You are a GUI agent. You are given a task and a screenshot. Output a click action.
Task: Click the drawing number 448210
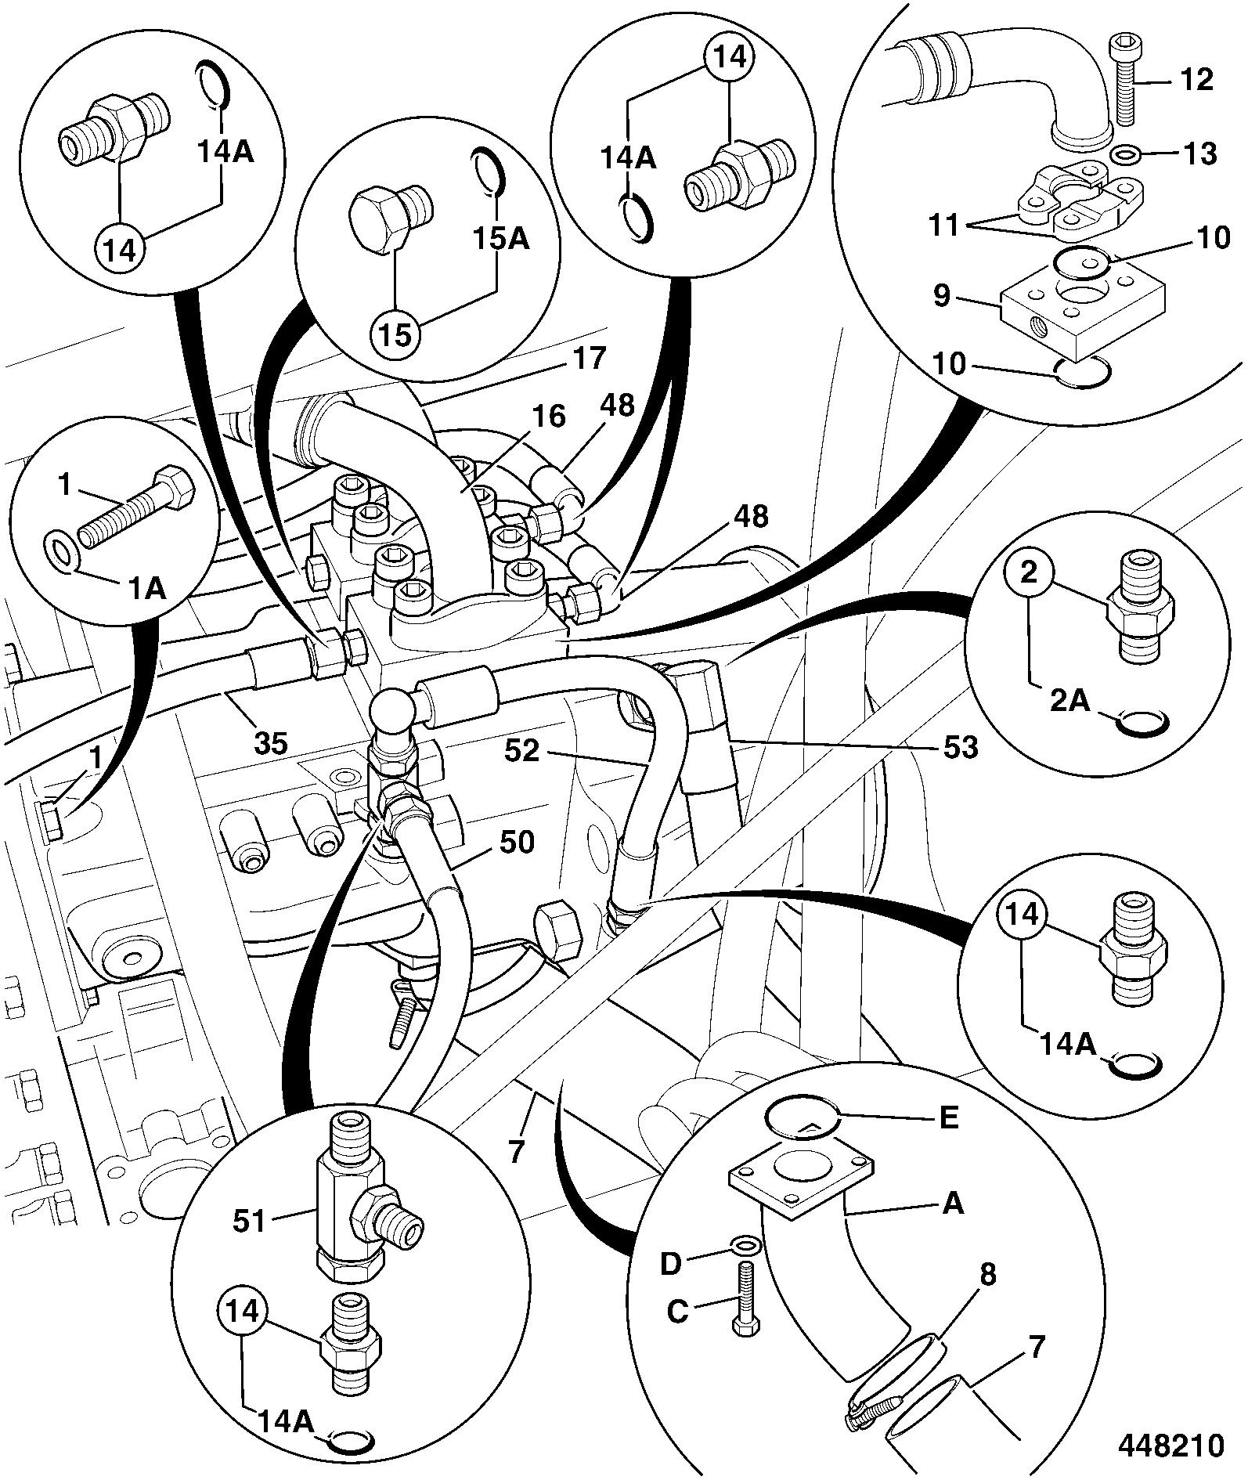click(1170, 1446)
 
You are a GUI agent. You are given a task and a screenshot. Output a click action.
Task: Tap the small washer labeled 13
click(1126, 153)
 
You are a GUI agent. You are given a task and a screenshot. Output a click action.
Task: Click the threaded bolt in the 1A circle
click(138, 514)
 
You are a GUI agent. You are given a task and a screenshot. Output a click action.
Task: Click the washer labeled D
click(742, 1245)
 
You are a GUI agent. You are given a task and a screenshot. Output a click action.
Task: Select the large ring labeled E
click(803, 1116)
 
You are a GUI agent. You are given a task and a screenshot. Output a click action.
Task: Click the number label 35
click(271, 742)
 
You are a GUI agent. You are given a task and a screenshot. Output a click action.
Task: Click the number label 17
click(589, 358)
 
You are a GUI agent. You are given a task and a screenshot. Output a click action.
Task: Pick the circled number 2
click(1029, 573)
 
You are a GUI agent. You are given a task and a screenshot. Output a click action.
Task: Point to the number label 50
click(516, 843)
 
